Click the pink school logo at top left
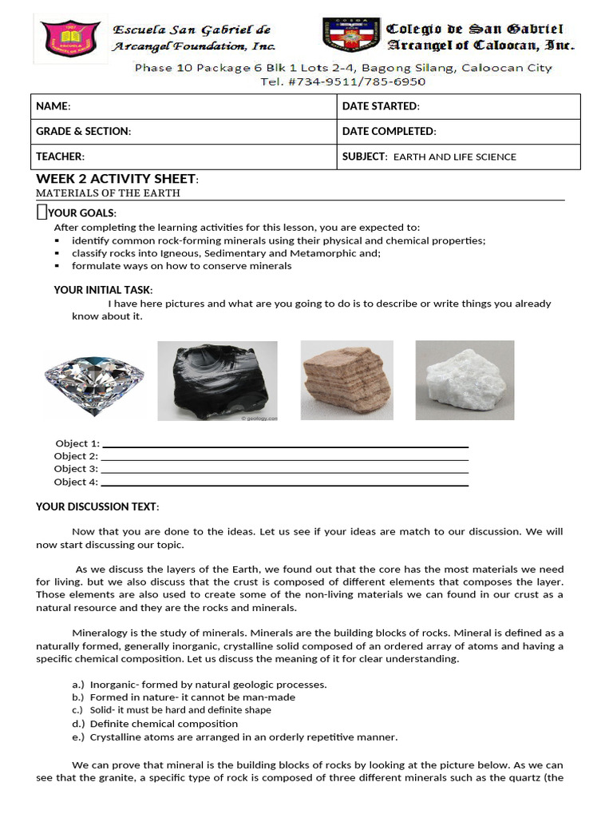point(70,38)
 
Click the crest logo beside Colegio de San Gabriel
point(350,37)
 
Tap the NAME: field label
point(53,106)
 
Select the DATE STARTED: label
point(381,106)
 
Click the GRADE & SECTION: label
point(84,131)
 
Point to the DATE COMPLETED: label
point(389,131)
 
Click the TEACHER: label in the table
point(61,157)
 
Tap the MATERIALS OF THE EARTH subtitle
point(108,193)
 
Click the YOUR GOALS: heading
point(81,212)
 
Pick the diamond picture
point(94,380)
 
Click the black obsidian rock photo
point(217,381)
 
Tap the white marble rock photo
point(465,380)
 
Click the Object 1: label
point(77,443)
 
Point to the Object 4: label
point(76,482)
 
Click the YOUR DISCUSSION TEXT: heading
point(97,506)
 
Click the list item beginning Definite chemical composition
point(164,724)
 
